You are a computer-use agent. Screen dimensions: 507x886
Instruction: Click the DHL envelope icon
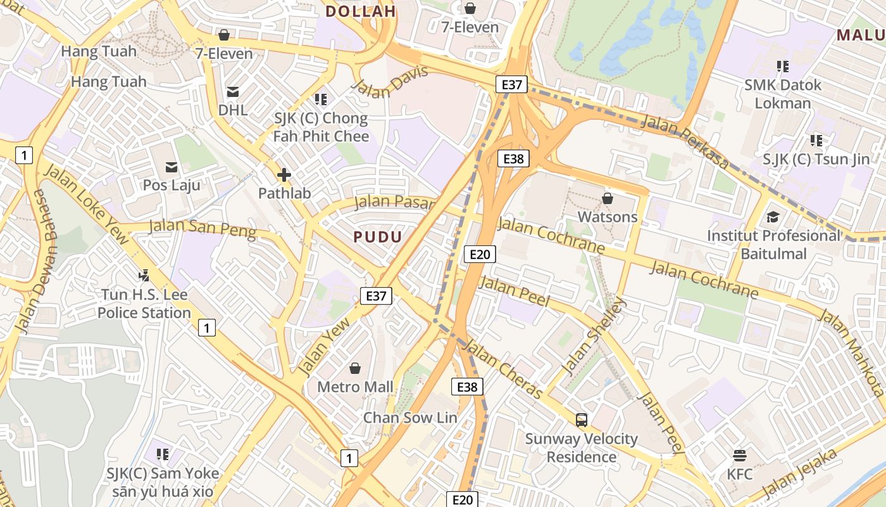[233, 91]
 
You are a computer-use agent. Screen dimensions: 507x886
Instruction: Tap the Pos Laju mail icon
[172, 167]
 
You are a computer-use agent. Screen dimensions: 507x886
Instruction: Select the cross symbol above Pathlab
[284, 175]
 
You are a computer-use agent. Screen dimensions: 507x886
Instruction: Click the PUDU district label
[378, 237]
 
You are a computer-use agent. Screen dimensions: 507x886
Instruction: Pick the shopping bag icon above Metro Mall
[355, 368]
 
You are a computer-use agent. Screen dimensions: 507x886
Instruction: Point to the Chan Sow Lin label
[409, 418]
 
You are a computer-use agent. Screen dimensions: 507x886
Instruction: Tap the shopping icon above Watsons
[608, 198]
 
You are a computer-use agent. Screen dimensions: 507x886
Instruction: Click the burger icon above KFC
[739, 455]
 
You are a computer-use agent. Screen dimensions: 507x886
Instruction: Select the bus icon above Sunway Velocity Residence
[582, 420]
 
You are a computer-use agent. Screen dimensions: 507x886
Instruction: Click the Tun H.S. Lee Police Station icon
[144, 276]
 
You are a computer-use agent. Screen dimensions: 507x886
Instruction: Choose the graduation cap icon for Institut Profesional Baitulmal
[773, 217]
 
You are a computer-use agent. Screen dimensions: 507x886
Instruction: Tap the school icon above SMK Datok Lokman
[783, 66]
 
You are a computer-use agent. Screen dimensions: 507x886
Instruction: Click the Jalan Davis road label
[389, 82]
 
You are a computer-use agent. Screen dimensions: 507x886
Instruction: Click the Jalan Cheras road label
[503, 369]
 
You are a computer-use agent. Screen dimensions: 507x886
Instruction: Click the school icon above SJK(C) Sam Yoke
[163, 454]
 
